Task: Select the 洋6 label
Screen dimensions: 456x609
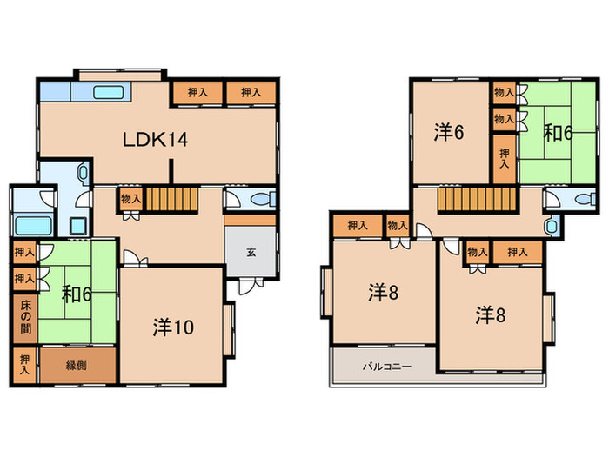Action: (x=448, y=133)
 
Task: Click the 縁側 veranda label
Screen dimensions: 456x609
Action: (x=77, y=366)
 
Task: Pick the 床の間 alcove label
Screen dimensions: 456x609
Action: (x=23, y=317)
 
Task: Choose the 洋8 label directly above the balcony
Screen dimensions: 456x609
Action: (x=383, y=294)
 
